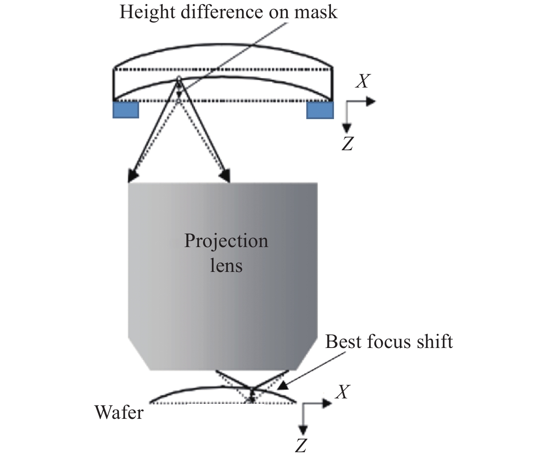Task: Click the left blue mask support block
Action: coord(126,110)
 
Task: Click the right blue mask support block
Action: coord(320,110)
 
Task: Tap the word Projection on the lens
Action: coord(226,241)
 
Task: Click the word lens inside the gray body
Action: coord(226,265)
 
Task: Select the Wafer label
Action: coord(119,412)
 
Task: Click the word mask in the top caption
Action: coord(316,12)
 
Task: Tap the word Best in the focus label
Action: coord(343,341)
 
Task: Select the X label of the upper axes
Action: coord(362,81)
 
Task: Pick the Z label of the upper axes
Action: coord(347,144)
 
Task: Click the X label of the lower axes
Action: coord(342,392)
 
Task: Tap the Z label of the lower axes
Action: coord(301,445)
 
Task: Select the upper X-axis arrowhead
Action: coord(371,101)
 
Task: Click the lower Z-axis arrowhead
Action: coord(303,430)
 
